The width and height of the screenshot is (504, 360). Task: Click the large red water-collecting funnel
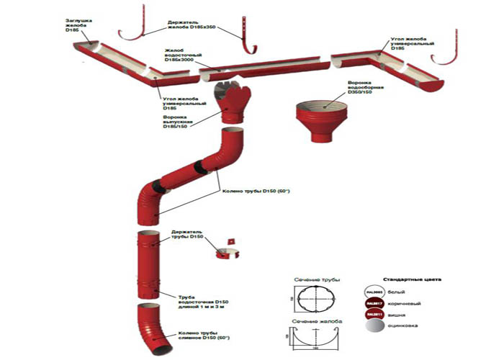[324, 117]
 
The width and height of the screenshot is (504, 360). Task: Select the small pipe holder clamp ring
[228, 250]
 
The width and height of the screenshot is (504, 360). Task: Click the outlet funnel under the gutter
[233, 102]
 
